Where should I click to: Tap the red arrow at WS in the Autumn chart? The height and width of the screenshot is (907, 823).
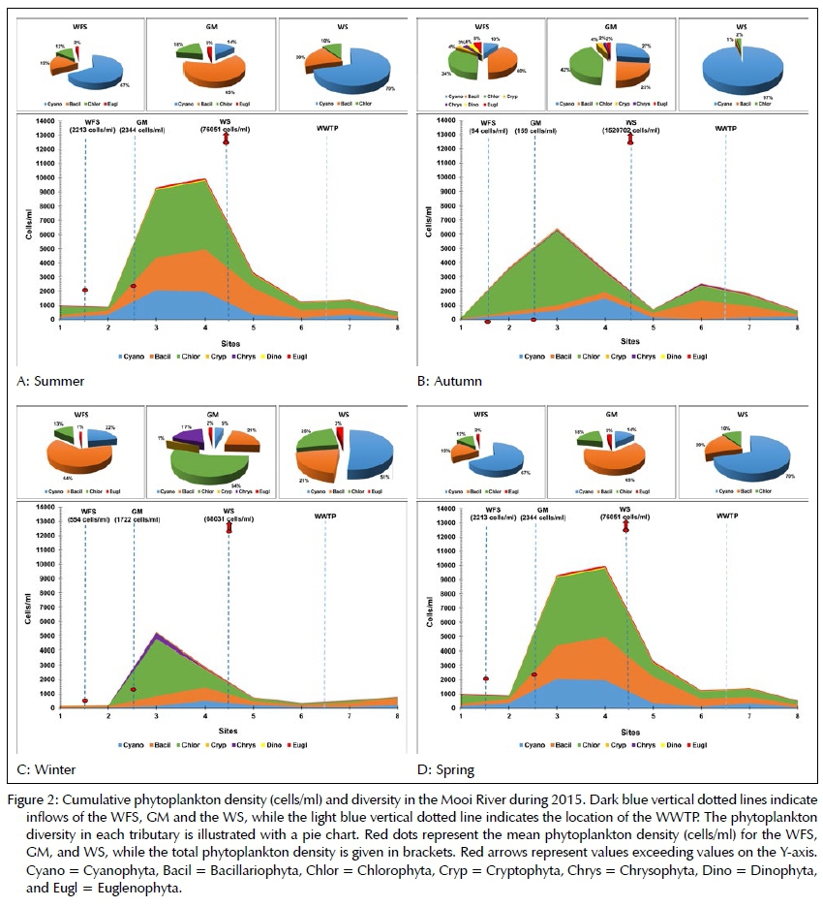[x=631, y=139]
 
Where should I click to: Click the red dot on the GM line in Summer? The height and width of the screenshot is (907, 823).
[x=134, y=286]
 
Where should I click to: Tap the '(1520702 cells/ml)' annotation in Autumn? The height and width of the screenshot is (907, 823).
[x=631, y=130]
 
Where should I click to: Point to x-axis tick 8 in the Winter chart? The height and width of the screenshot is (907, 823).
[x=395, y=716]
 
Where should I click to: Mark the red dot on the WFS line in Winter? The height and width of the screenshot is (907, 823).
[x=84, y=701]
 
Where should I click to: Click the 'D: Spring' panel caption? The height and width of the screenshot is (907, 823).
[x=446, y=769]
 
